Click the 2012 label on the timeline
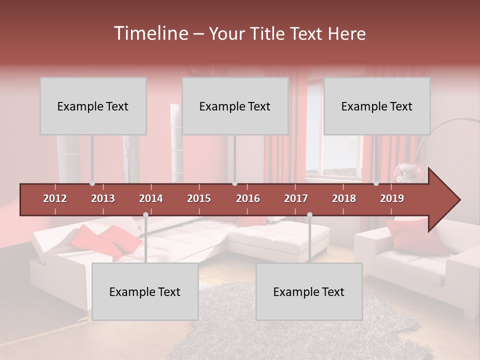click(x=55, y=198)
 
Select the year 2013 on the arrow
click(x=103, y=198)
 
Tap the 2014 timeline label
click(x=151, y=198)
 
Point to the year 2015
click(x=199, y=198)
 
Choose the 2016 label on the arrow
click(x=248, y=198)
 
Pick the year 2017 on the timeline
click(x=296, y=198)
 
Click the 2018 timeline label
click(x=344, y=198)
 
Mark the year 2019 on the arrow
click(x=392, y=198)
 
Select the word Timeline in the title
click(x=150, y=33)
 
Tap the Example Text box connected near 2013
click(x=93, y=106)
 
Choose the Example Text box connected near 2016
click(x=235, y=106)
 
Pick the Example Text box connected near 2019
click(x=377, y=106)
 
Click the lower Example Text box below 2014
click(x=145, y=291)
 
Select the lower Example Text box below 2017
click(x=309, y=291)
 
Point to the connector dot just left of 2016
click(x=235, y=183)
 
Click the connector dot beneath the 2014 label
click(x=145, y=214)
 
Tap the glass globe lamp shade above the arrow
click(x=408, y=173)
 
